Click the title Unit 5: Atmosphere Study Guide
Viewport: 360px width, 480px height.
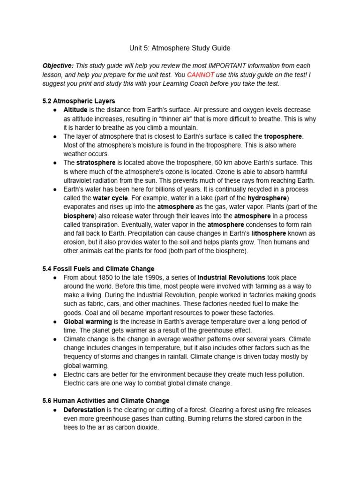pyautogui.click(x=180, y=48)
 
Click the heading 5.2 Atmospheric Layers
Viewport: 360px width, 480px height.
pyautogui.click(x=78, y=101)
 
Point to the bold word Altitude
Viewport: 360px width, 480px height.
pyautogui.click(x=75, y=110)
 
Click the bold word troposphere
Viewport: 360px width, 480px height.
pyautogui.click(x=284, y=136)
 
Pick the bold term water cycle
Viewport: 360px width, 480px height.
pyautogui.click(x=110, y=198)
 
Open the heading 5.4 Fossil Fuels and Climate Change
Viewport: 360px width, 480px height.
pyautogui.click(x=98, y=269)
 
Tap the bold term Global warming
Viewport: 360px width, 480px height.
pyautogui.click(x=88, y=322)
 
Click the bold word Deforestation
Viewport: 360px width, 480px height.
pyautogui.click(x=85, y=410)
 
